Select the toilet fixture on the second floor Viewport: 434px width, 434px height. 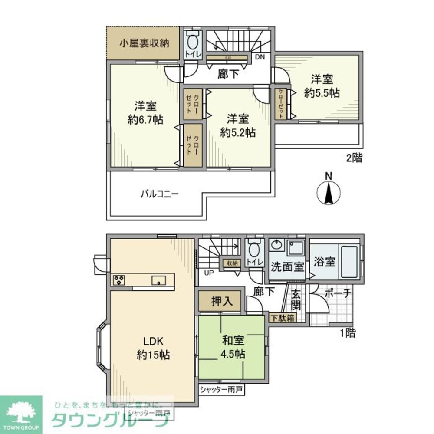tap(192, 43)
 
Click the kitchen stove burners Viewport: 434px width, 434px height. tap(119, 280)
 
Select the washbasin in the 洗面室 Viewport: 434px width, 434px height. tap(275, 246)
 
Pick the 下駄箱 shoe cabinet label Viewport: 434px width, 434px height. tap(282, 318)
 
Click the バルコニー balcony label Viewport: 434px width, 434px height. tap(159, 194)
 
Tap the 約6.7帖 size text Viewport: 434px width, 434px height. tap(145, 120)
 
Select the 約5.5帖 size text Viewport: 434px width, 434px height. tap(322, 93)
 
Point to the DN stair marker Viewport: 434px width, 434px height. tap(260, 57)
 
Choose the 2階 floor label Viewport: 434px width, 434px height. tap(354, 159)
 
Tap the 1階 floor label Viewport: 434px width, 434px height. tap(348, 333)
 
